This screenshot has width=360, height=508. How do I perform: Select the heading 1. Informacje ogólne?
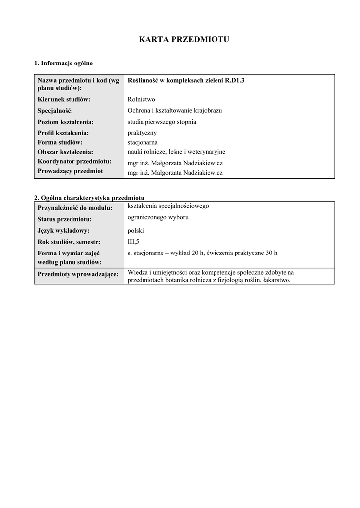pyautogui.click(x=63, y=63)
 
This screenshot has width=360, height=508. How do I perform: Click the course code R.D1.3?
pyautogui.click(x=235, y=80)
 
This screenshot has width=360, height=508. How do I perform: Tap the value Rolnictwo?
pyautogui.click(x=141, y=99)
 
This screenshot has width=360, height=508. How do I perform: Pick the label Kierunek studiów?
pyautogui.click(x=64, y=99)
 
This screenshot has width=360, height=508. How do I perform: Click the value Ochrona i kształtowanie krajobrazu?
pyautogui.click(x=175, y=110)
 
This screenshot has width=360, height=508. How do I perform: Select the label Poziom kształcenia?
pyautogui.click(x=66, y=122)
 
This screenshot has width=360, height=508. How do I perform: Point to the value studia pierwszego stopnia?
pyautogui.click(x=162, y=122)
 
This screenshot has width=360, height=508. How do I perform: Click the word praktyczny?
pyautogui.click(x=142, y=133)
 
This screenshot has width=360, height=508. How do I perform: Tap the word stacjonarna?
pyautogui.click(x=143, y=142)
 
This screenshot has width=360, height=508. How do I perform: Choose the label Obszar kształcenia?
pyautogui.click(x=66, y=152)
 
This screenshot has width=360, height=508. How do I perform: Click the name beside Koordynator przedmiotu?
pyautogui.click(x=175, y=163)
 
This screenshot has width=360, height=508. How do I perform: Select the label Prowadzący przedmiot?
pyautogui.click(x=70, y=171)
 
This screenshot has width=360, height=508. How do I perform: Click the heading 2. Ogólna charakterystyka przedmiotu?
pyautogui.click(x=89, y=198)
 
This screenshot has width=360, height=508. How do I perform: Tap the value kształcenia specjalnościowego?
pyautogui.click(x=168, y=205)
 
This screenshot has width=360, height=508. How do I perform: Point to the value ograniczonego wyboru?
pyautogui.click(x=158, y=217)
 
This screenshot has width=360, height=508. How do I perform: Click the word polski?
pyautogui.click(x=136, y=230)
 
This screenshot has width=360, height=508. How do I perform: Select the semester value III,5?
pyautogui.click(x=134, y=242)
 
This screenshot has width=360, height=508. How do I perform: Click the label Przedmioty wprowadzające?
pyautogui.click(x=78, y=274)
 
